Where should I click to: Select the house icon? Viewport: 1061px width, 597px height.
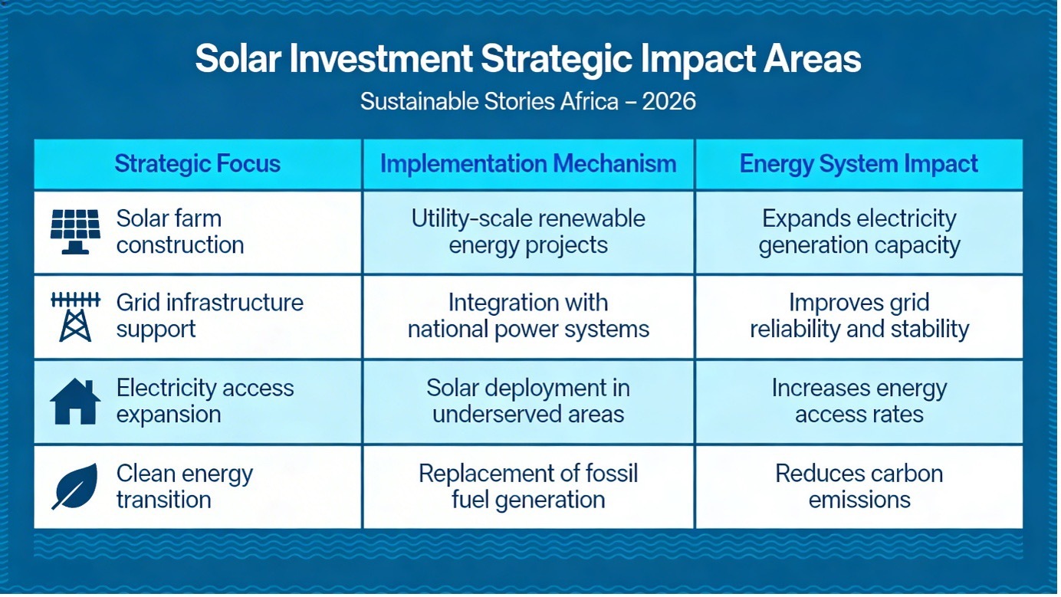(75, 402)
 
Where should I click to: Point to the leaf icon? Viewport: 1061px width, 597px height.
(75, 487)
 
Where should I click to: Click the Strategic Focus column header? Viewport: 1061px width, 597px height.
(197, 164)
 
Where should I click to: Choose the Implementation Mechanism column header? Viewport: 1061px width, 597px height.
(528, 164)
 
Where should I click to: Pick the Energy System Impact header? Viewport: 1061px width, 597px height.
(859, 164)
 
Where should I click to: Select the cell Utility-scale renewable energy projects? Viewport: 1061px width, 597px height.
(528, 232)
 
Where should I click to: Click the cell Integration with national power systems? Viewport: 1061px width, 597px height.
(528, 317)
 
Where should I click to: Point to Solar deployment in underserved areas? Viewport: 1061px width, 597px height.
(528, 402)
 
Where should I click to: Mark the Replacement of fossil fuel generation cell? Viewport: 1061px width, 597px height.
(528, 487)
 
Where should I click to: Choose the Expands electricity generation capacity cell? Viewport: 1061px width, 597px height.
(859, 232)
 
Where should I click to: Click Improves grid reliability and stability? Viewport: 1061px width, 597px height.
(859, 317)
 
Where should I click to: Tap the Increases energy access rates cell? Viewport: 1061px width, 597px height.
(859, 402)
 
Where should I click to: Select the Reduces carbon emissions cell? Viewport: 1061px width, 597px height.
(859, 487)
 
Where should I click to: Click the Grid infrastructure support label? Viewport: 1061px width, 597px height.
(209, 316)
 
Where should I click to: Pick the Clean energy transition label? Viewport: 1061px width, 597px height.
(184, 487)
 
